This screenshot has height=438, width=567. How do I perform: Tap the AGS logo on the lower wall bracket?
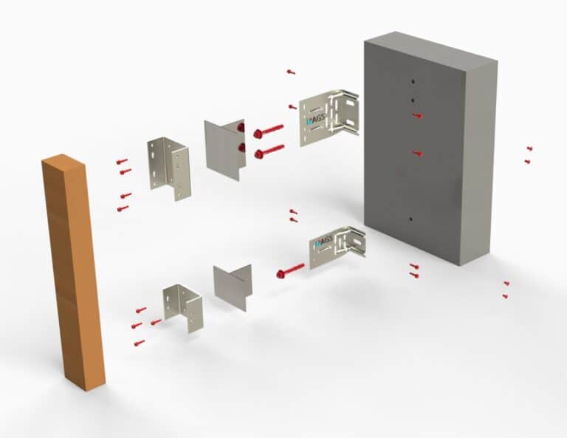coord(322,244)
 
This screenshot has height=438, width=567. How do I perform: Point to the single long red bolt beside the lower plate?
coord(290,270)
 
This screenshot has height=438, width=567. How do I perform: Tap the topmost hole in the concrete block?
coord(413,81)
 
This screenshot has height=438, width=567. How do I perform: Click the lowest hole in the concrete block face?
coord(410,220)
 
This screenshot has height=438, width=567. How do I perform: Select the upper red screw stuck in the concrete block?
coord(418,116)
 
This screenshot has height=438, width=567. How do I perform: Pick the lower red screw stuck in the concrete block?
coord(417,154)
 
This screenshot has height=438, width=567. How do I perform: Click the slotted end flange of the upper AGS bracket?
coord(349,114)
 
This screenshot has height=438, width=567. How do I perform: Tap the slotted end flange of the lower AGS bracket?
coord(357,242)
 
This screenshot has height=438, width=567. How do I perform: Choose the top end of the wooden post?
coord(62,162)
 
